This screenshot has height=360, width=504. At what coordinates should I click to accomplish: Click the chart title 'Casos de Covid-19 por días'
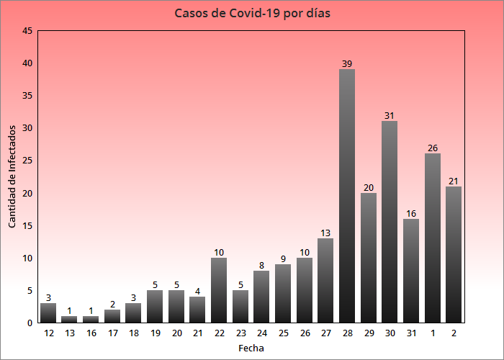click(252, 14)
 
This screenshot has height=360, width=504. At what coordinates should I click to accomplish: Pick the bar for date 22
click(219, 290)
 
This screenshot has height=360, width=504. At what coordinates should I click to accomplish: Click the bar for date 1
click(433, 238)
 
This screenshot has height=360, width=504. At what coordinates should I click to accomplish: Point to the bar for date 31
click(411, 271)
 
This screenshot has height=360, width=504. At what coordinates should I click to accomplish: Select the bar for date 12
click(48, 313)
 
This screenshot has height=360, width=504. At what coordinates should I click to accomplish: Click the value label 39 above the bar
click(347, 64)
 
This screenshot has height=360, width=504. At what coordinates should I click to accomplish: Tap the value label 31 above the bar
click(390, 116)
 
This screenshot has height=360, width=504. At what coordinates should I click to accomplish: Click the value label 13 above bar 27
click(325, 233)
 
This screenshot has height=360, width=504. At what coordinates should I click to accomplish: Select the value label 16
click(411, 214)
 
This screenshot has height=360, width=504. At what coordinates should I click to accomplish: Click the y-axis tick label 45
click(27, 31)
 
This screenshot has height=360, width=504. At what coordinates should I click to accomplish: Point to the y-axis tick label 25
click(27, 161)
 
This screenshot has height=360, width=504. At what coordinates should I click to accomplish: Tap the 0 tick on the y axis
click(30, 323)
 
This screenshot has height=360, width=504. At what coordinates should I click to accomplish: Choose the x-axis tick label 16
click(91, 333)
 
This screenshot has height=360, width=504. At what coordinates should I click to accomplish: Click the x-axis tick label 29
click(369, 333)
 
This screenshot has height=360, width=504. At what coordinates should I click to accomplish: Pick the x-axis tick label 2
click(454, 333)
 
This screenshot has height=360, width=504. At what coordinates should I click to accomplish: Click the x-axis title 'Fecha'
click(251, 348)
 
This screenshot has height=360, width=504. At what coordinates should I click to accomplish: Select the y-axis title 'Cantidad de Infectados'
click(12, 176)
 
